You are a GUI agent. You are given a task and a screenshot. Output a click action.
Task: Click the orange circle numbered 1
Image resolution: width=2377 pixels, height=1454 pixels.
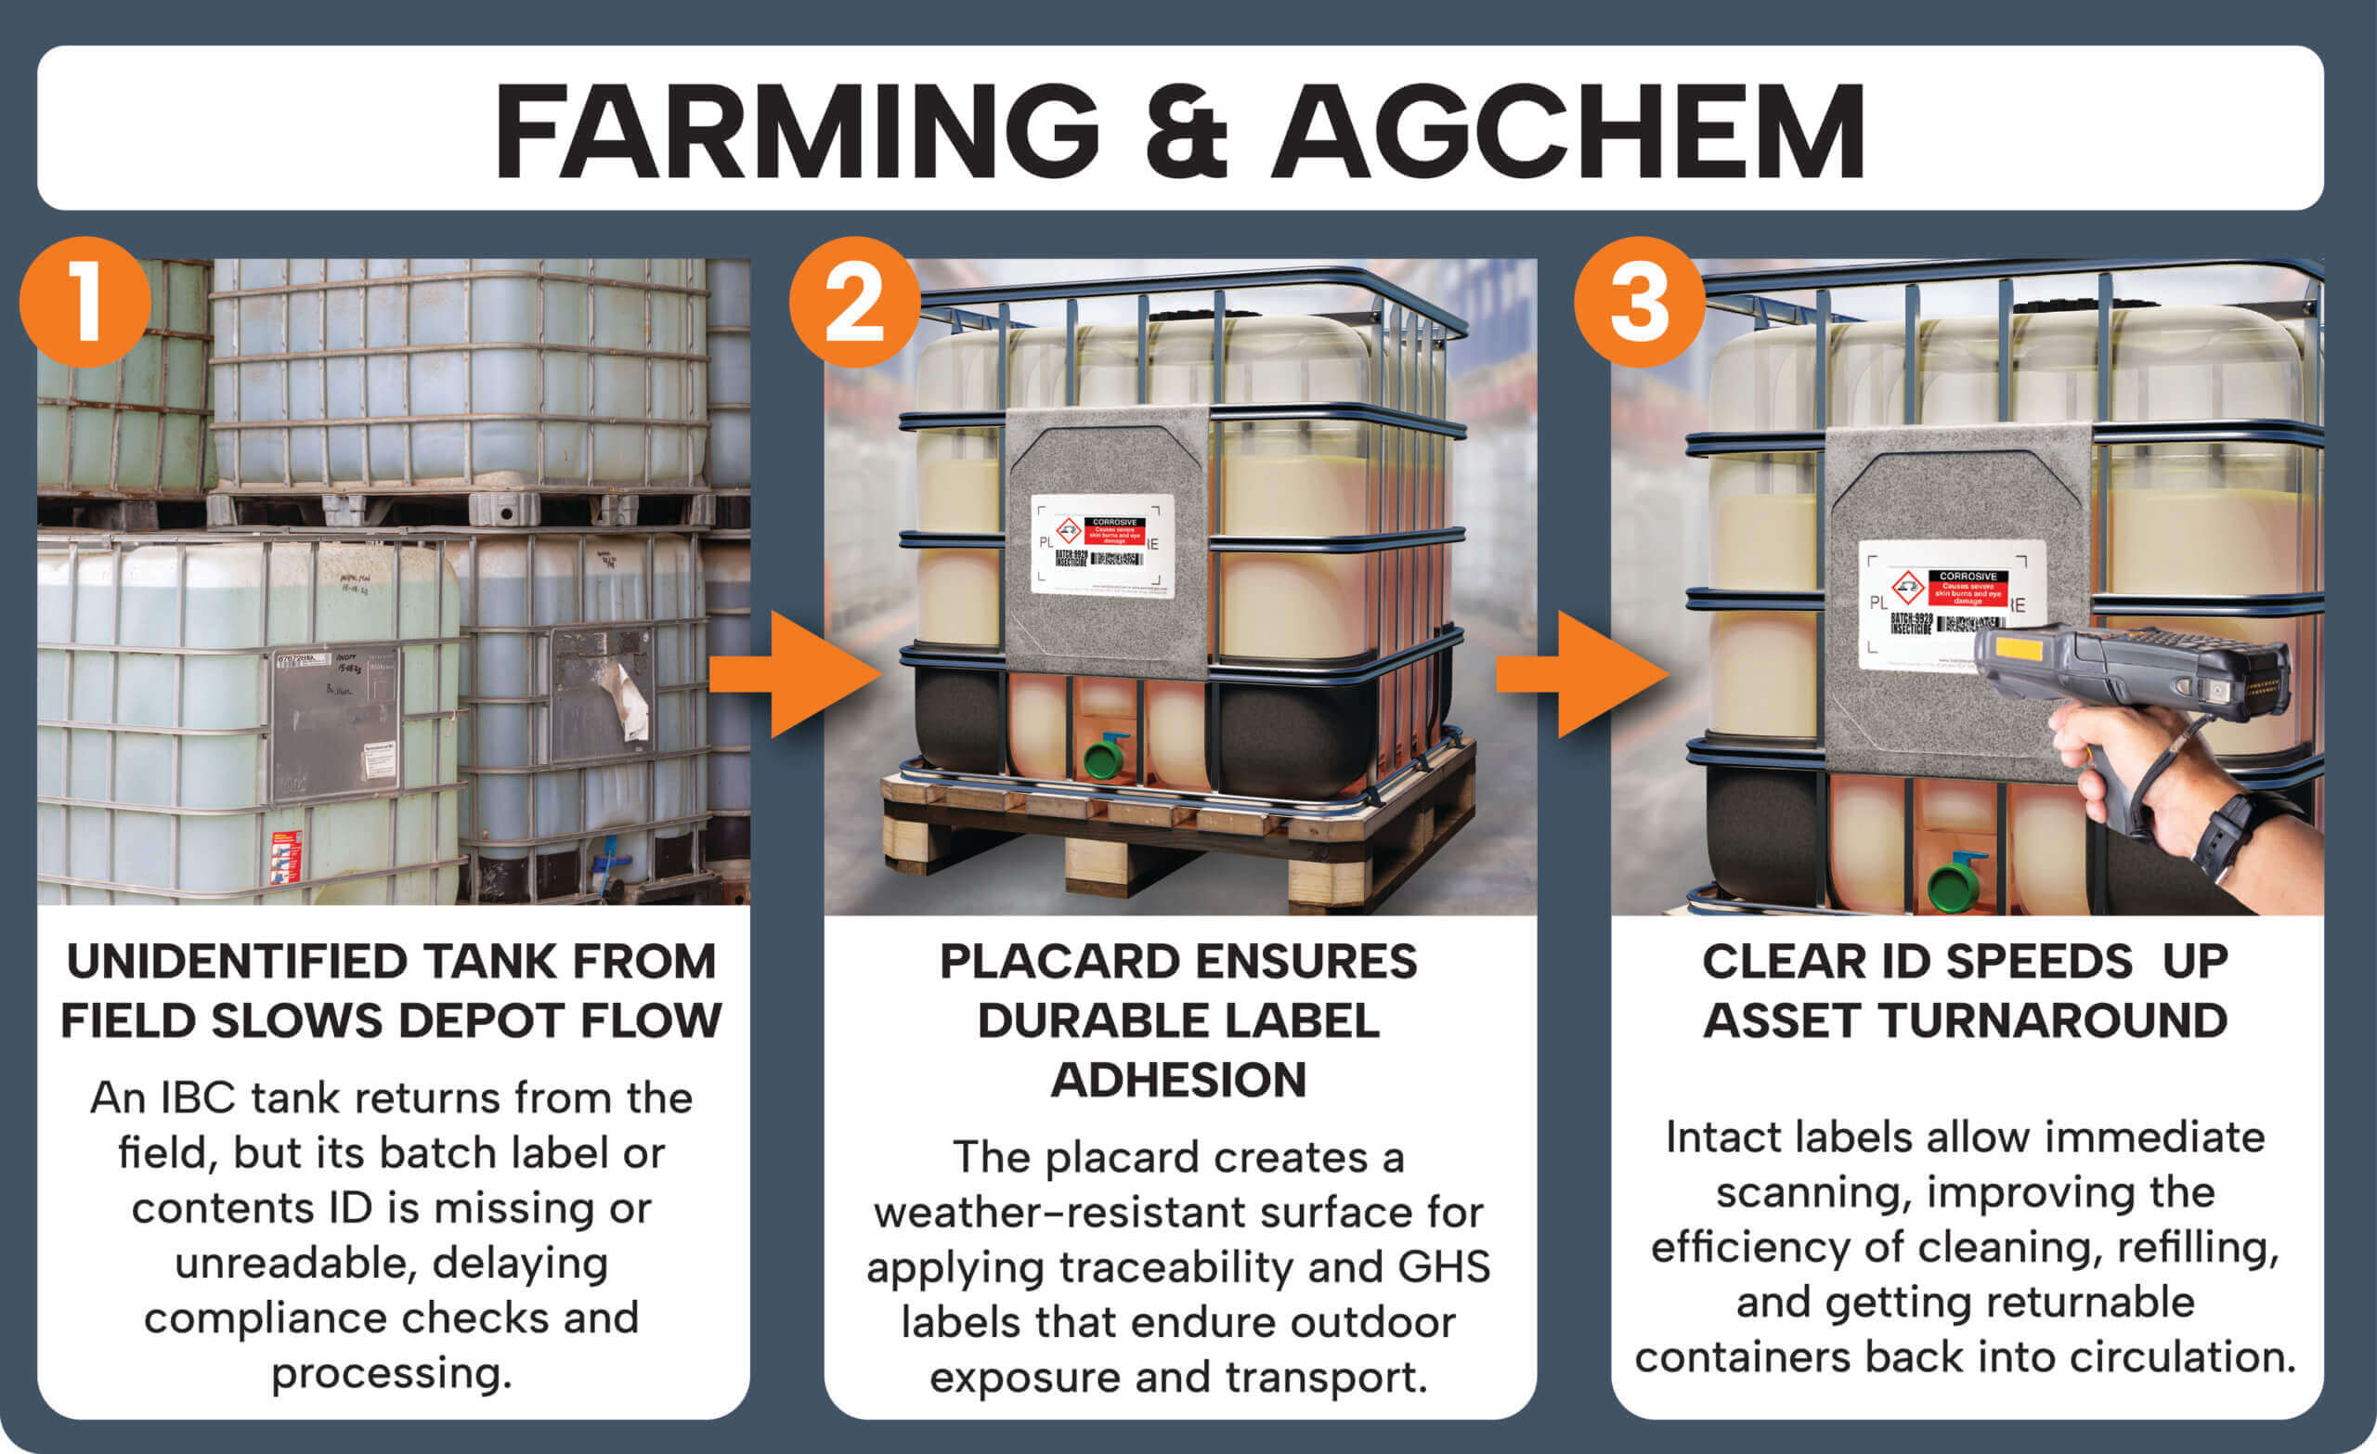(84, 302)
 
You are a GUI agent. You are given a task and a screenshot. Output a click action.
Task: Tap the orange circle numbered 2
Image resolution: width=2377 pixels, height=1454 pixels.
(855, 302)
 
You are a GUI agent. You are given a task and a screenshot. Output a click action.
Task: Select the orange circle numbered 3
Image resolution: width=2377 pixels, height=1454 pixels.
(1639, 302)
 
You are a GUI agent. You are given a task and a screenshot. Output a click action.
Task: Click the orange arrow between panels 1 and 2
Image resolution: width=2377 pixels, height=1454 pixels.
(796, 674)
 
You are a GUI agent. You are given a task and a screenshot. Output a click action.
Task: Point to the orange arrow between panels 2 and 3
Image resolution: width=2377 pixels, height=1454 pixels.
(1582, 674)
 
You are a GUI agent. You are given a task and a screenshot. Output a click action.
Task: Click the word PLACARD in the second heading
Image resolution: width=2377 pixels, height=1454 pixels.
(1054, 962)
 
